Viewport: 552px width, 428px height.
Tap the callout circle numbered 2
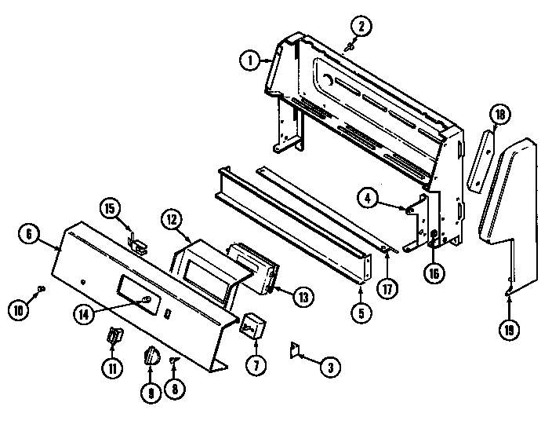pyautogui.click(x=361, y=27)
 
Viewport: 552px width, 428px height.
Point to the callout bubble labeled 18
pyautogui.click(x=499, y=115)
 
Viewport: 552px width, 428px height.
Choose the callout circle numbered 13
pyautogui.click(x=303, y=297)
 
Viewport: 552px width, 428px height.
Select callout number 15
pyautogui.click(x=110, y=208)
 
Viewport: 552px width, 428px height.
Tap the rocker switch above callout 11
pyautogui.click(x=114, y=337)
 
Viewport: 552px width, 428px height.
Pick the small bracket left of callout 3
pyautogui.click(x=296, y=349)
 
